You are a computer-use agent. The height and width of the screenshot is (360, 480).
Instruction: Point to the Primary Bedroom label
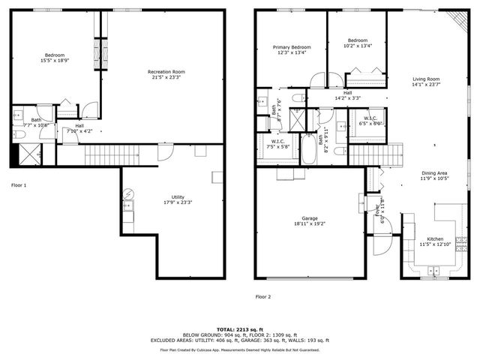[290, 49]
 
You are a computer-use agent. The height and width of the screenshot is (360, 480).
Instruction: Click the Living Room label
[426, 82]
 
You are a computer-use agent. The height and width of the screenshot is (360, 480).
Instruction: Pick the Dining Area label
[433, 176]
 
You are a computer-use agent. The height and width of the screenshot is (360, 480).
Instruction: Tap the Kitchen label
[436, 241]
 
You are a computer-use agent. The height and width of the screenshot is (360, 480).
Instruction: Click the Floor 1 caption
[19, 184]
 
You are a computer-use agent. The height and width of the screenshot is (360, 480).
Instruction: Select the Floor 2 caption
[263, 297]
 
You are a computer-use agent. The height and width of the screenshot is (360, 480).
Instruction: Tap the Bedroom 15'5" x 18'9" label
[54, 58]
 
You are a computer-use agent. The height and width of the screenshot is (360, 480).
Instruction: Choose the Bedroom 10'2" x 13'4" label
[358, 43]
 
